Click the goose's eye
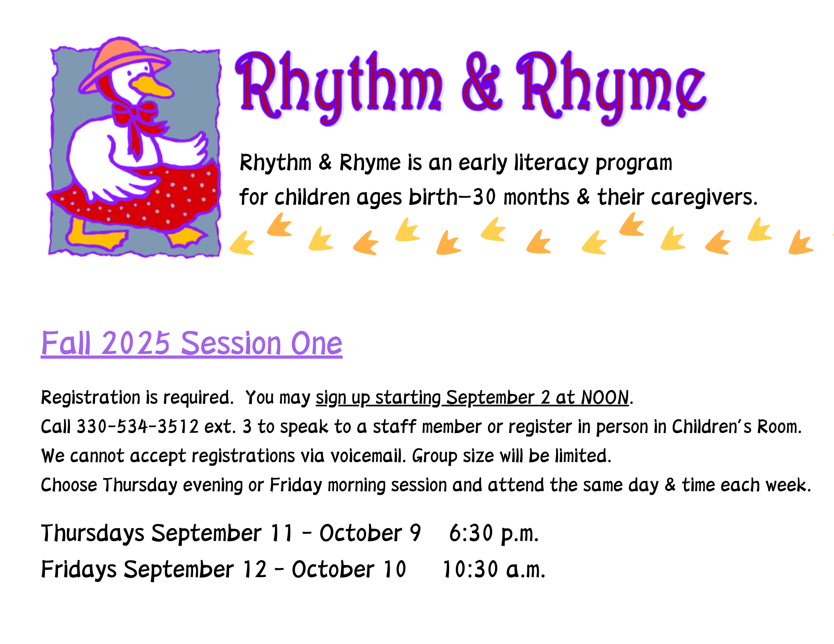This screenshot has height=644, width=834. click(146, 67)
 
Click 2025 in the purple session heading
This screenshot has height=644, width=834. click(136, 343)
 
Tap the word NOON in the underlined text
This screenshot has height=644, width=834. click(605, 398)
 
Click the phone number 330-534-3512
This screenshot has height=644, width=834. click(138, 427)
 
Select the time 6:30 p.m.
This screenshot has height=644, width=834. click(494, 534)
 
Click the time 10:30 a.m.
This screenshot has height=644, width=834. click(494, 569)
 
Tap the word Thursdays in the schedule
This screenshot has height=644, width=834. click(93, 534)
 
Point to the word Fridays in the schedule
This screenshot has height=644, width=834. click(79, 570)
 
